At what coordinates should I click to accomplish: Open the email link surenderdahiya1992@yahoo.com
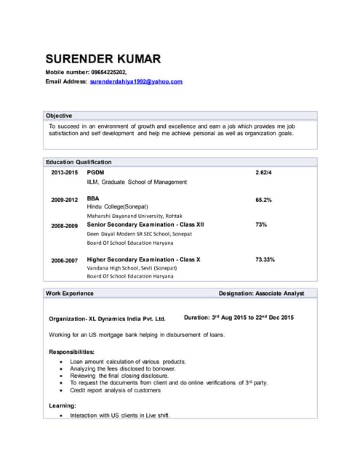click(x=136, y=82)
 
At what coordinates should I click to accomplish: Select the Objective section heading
click(x=59, y=116)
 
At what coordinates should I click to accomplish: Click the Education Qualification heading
click(x=79, y=162)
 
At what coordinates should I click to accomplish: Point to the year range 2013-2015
click(x=64, y=172)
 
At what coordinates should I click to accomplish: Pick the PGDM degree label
click(x=95, y=172)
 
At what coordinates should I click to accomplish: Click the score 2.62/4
click(x=263, y=172)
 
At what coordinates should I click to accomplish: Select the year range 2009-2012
click(x=64, y=199)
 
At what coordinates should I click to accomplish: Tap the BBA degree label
click(x=93, y=198)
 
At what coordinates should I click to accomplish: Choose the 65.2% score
click(x=263, y=199)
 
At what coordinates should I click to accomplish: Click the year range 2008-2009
click(x=64, y=225)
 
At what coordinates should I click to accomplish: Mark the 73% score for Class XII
click(x=261, y=225)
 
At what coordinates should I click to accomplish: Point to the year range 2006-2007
click(x=64, y=259)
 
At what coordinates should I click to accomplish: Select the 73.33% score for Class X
click(x=265, y=259)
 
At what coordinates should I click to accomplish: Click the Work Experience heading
click(x=70, y=294)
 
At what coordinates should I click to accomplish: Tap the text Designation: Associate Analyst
click(x=262, y=294)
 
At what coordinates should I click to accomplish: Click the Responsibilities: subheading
click(x=71, y=352)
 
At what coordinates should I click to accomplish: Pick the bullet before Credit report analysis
click(x=60, y=391)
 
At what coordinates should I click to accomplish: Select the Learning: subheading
click(x=62, y=405)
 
